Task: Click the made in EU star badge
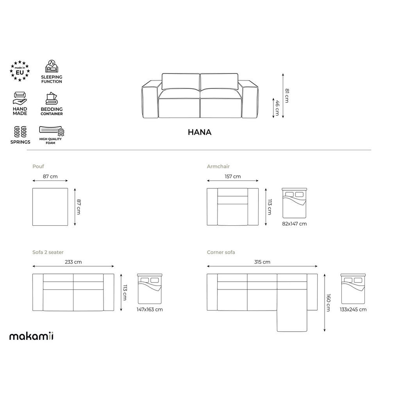[x=20, y=71]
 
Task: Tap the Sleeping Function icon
[x=52, y=66]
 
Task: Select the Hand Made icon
[x=20, y=98]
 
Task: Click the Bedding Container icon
[x=52, y=98]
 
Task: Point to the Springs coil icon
[x=20, y=132]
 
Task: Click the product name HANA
[x=200, y=132]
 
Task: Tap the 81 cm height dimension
[x=287, y=96]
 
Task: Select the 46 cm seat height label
[x=277, y=108]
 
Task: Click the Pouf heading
[x=38, y=166]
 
